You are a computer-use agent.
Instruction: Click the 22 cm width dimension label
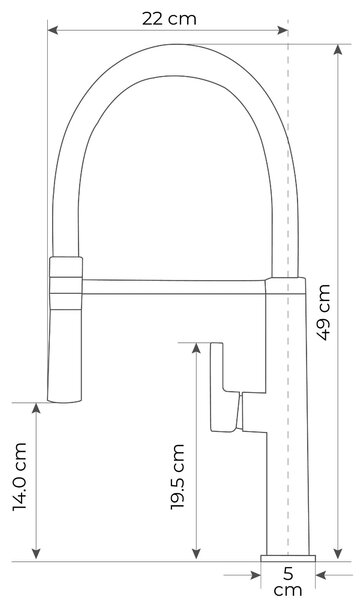click(169, 19)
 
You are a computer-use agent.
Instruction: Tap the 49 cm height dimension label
click(323, 312)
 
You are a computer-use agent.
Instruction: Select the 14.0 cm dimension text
click(19, 476)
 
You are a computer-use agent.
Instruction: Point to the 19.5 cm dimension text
click(177, 477)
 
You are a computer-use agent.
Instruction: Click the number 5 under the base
click(288, 574)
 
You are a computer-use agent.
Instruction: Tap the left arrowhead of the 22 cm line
click(53, 30)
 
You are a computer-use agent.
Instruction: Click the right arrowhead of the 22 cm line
click(283, 30)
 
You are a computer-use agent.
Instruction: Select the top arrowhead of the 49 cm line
click(338, 50)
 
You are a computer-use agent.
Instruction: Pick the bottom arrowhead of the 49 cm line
click(338, 553)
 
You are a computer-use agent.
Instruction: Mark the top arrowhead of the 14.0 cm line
click(36, 408)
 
